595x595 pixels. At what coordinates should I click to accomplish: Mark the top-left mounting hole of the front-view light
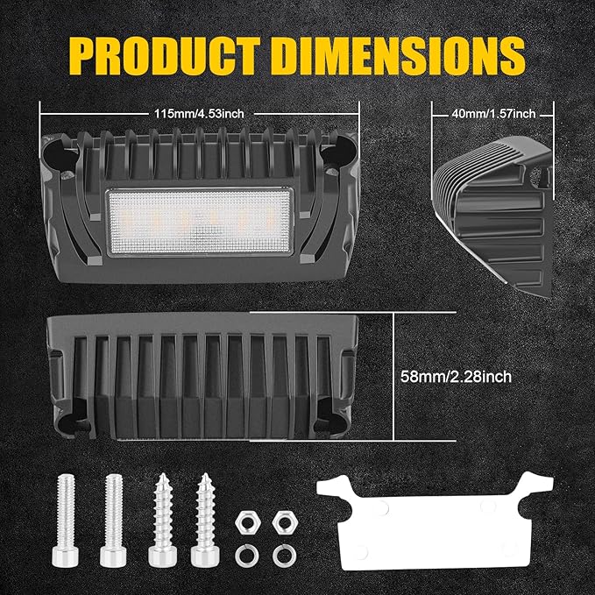[x=67, y=155]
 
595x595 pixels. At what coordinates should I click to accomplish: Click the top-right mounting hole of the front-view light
[x=334, y=155]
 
